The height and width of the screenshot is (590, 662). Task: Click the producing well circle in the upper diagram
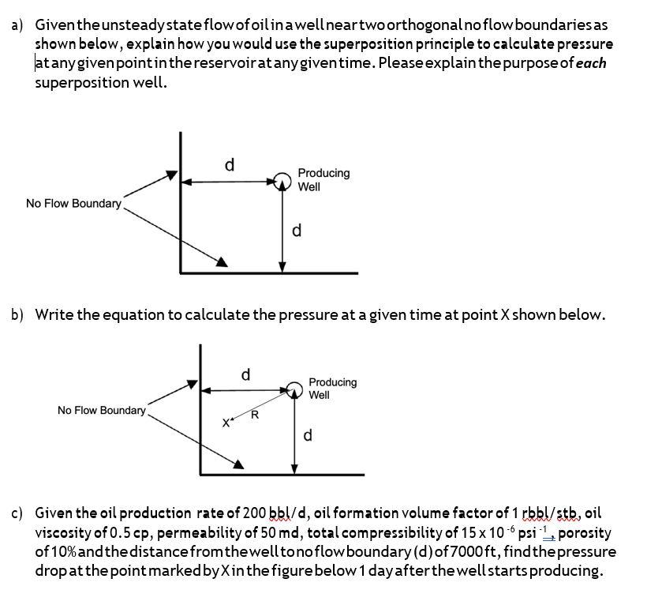pos(282,181)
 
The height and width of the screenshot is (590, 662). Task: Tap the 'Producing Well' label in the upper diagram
pos(324,179)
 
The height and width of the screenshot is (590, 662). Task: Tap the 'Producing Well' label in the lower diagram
pos(332,388)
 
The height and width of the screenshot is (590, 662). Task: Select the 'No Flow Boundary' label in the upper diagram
pos(73,204)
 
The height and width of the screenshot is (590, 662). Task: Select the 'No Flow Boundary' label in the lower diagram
pos(102,410)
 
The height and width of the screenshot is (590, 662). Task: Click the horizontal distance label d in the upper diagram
pos(230,164)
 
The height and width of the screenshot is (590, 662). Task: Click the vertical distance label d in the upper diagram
pos(297,231)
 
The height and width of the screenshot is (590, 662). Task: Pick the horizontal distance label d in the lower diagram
pos(245,374)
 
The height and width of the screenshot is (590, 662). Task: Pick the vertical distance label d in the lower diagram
pos(308,435)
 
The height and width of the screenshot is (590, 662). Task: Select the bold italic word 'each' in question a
pos(591,63)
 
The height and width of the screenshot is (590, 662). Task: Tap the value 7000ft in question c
pos(410,551)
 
